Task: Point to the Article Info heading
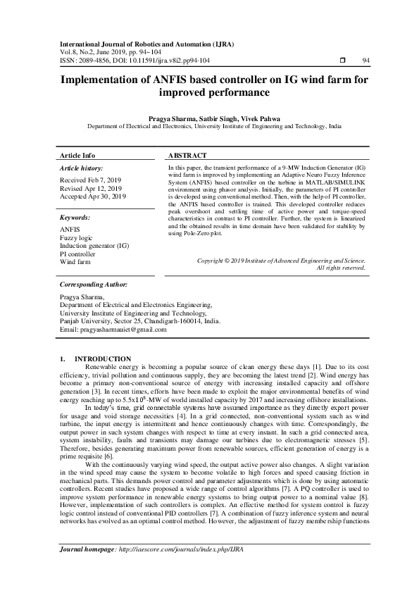point(77,155)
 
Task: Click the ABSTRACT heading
point(188,155)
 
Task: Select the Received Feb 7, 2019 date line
point(91,180)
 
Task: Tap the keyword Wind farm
point(75,261)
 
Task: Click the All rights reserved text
point(341,268)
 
